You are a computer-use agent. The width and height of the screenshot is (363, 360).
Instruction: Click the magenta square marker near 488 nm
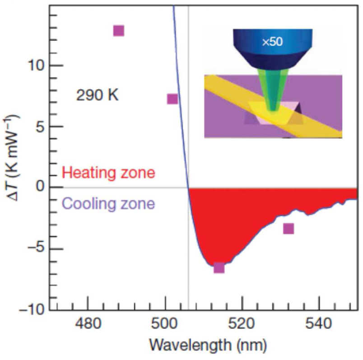[118, 31]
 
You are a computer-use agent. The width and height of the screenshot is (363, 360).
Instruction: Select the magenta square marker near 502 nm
[172, 98]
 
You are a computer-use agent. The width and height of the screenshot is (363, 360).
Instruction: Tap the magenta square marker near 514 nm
[219, 268]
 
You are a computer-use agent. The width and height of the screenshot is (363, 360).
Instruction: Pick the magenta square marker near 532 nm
[289, 229]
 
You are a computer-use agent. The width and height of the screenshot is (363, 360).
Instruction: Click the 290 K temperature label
[97, 96]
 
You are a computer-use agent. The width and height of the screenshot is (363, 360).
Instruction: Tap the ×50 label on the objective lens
[272, 42]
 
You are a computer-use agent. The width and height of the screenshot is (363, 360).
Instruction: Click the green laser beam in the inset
[271, 90]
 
